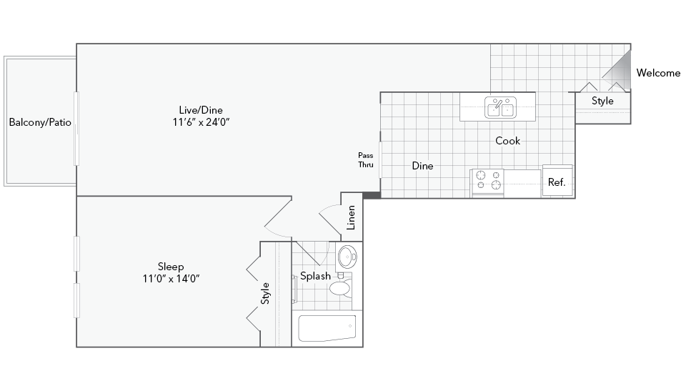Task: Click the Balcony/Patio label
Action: pyautogui.click(x=40, y=122)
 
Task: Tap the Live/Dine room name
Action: pyautogui.click(x=201, y=110)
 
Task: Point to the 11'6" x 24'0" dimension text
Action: pyautogui.click(x=201, y=122)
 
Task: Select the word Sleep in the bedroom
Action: pyautogui.click(x=171, y=267)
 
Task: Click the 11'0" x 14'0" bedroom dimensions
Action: pyautogui.click(x=171, y=278)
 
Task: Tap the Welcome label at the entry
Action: pyautogui.click(x=658, y=73)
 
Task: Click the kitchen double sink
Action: pyautogui.click(x=500, y=108)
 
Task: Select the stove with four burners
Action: pyautogui.click(x=487, y=183)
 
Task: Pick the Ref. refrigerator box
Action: pyautogui.click(x=557, y=180)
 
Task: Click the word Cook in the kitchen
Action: pyautogui.click(x=507, y=141)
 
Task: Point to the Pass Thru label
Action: pyautogui.click(x=366, y=159)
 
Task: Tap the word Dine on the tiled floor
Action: pyautogui.click(x=422, y=165)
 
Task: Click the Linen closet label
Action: pyautogui.click(x=351, y=217)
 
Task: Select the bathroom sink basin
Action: pyautogui.click(x=348, y=257)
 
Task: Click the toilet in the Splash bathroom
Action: pyautogui.click(x=341, y=285)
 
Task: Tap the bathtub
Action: pyautogui.click(x=327, y=328)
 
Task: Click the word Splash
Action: pyautogui.click(x=315, y=276)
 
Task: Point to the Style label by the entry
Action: pyautogui.click(x=602, y=101)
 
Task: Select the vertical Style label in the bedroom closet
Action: pyautogui.click(x=265, y=293)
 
